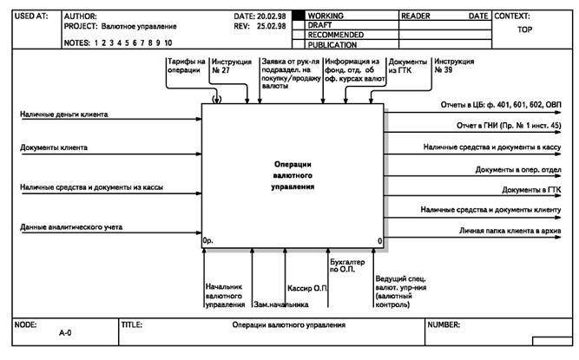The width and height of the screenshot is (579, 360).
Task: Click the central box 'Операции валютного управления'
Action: pos(292,174)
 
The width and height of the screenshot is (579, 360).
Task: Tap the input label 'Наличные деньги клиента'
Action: pos(76,115)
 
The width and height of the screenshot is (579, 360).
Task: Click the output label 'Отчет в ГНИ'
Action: pos(509,125)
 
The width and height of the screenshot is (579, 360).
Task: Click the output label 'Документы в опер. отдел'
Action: pos(518,168)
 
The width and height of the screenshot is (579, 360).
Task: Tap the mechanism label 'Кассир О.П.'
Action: pos(306,287)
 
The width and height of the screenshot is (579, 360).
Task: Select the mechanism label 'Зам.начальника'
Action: pos(280,304)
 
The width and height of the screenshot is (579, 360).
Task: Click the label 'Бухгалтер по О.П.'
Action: pos(347,265)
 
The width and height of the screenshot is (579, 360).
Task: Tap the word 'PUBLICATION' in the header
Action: pos(335,44)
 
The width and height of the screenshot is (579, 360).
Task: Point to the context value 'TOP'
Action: pos(524,29)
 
